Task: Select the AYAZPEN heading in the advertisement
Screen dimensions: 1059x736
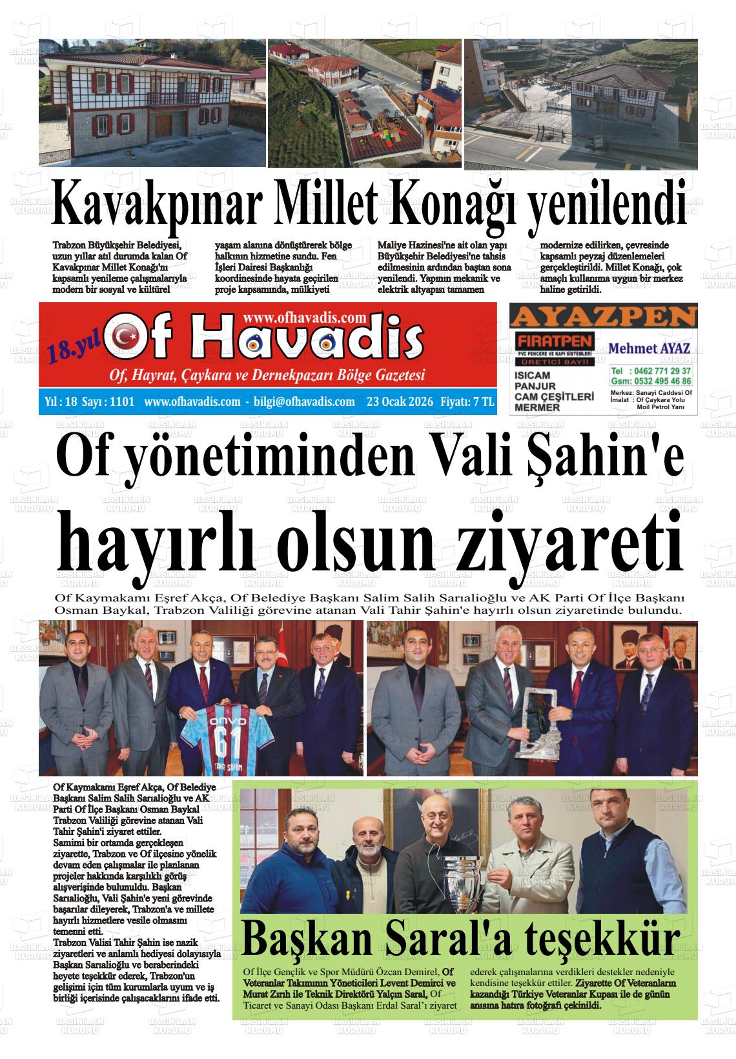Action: point(603,317)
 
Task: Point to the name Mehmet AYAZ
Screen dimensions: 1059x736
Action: point(649,348)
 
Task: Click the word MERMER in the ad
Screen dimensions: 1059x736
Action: point(536,407)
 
